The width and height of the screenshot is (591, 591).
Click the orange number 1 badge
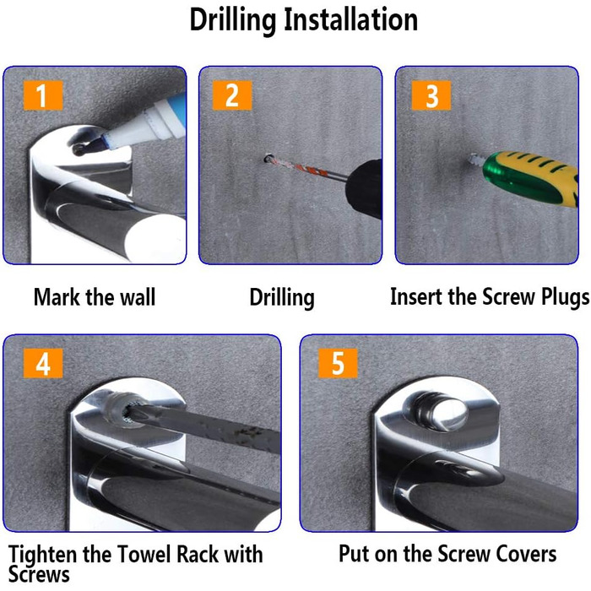(x=43, y=95)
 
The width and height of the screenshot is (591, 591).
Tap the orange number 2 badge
(x=232, y=95)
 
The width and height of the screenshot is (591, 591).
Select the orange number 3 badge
(x=431, y=95)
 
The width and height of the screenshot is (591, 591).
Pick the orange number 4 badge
(x=43, y=363)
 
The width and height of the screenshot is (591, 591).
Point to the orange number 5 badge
(x=338, y=363)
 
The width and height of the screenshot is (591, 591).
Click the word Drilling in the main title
(x=232, y=20)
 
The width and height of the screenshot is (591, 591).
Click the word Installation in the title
(x=350, y=19)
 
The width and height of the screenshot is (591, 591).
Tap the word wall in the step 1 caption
(x=138, y=297)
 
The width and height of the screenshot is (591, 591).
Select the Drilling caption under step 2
(x=282, y=298)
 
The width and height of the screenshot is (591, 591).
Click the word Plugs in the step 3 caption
(x=566, y=297)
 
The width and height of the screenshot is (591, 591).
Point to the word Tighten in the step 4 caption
(x=42, y=556)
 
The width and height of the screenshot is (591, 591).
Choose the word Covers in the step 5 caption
(x=526, y=554)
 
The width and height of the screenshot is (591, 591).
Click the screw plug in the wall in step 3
(x=475, y=160)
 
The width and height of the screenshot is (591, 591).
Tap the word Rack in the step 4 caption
(x=197, y=554)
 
